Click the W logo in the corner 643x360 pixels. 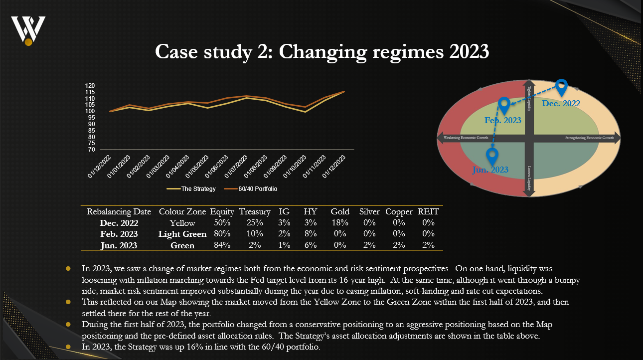click(28, 29)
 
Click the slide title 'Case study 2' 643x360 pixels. click(321, 51)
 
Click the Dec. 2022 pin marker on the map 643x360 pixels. click(562, 87)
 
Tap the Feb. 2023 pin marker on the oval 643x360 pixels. click(504, 105)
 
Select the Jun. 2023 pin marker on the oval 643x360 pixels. click(493, 156)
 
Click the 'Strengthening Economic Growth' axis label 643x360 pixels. click(589, 138)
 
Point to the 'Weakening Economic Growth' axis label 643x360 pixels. click(463, 138)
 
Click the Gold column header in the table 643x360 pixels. click(340, 212)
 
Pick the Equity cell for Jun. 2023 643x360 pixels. click(222, 245)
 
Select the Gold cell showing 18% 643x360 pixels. click(340, 223)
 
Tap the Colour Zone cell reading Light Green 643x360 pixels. click(182, 234)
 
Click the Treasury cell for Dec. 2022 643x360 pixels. click(255, 223)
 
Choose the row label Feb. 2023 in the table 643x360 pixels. click(119, 234)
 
